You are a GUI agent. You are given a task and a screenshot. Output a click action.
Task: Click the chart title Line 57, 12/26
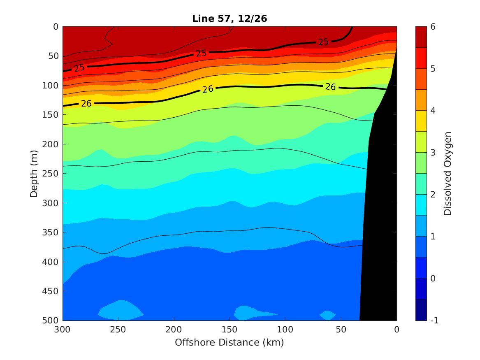tap(230, 19)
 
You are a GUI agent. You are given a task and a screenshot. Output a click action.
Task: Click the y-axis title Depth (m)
tap(35, 173)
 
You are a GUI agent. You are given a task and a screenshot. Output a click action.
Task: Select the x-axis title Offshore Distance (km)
tap(230, 342)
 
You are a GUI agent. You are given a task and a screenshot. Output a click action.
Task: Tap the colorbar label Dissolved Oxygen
tap(448, 173)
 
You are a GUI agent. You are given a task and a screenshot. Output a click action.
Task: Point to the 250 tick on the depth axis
tap(51, 174)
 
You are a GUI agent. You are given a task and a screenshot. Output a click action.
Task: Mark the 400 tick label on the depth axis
tap(51, 262)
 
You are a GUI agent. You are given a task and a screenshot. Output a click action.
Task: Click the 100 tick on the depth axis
tap(51, 86)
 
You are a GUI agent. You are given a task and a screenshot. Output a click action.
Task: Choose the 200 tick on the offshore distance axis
tap(174, 329)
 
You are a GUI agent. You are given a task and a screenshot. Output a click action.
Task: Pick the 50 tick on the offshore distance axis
tap(341, 329)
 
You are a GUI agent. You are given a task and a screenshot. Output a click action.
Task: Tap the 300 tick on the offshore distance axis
tap(63, 329)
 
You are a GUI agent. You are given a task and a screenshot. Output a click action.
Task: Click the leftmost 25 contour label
tap(79, 67)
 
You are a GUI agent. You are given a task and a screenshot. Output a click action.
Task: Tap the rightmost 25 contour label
tap(323, 42)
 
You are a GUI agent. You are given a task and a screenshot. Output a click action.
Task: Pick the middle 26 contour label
tap(208, 89)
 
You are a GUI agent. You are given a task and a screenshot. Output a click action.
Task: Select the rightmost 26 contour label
tap(330, 86)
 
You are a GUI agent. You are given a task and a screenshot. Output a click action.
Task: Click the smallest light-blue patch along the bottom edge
tap(328, 316)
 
